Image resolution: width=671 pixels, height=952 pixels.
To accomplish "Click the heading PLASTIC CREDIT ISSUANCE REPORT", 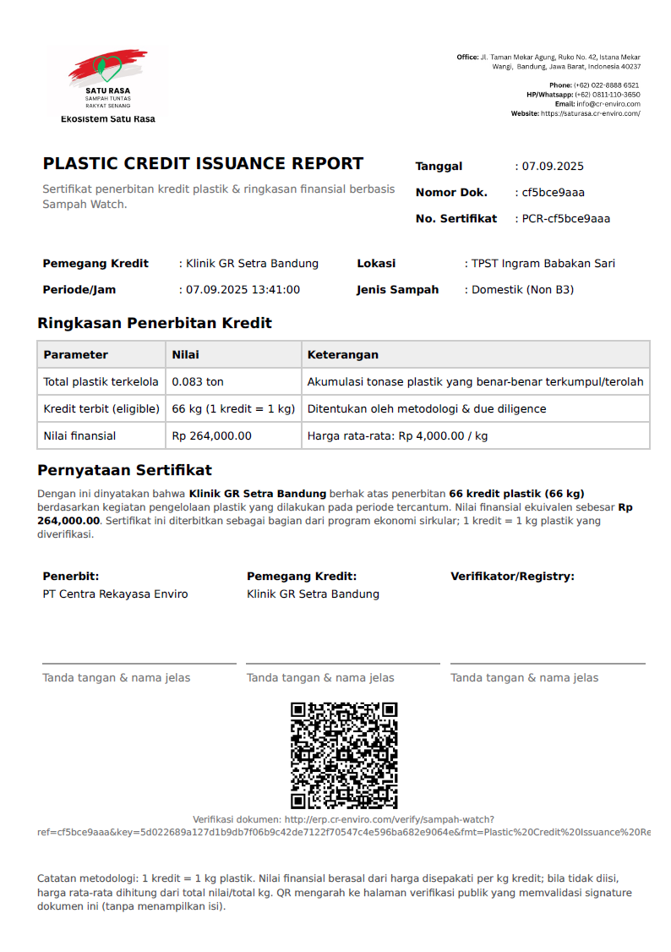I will coord(203,164).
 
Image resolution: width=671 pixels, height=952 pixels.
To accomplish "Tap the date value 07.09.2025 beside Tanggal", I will coord(553,167).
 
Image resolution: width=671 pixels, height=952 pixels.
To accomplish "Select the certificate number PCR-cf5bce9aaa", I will coord(565,219).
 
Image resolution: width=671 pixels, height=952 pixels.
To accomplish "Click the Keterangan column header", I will coord(342,355).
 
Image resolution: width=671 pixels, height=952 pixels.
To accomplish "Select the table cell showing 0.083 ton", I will coord(198,382).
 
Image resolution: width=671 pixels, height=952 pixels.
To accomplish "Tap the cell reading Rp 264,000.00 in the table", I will coord(211,436).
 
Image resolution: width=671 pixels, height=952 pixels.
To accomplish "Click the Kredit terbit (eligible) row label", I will coord(101,409).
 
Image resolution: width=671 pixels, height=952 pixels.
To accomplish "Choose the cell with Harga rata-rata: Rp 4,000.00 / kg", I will coord(397,436).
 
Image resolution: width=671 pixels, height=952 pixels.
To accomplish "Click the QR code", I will coord(344,755).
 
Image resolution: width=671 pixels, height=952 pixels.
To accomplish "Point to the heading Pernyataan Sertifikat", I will coord(124,471).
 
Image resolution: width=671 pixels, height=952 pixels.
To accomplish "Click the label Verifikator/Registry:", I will coord(512,577).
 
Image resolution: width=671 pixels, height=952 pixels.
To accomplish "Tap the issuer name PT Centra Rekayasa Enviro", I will coord(115,594).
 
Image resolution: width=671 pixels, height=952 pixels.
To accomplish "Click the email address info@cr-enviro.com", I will coord(608,104).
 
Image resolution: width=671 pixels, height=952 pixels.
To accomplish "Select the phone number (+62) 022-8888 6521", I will coord(606,85).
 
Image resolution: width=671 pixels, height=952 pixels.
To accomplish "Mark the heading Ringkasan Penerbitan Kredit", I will coord(155,323).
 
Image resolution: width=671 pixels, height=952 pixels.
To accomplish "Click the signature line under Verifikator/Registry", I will coord(548,664).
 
